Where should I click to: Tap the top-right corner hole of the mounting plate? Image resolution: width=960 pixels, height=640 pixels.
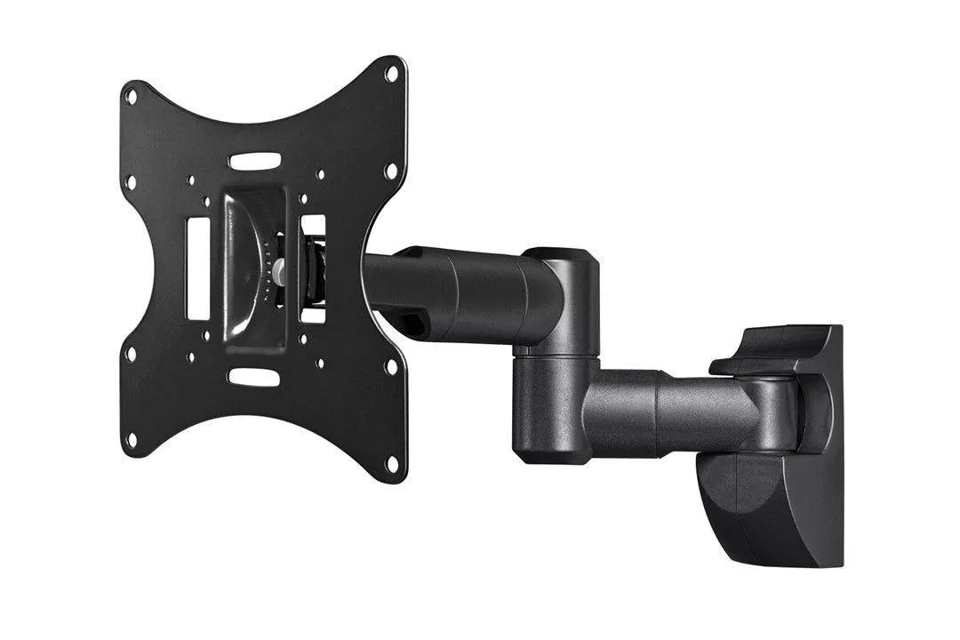tap(391, 75)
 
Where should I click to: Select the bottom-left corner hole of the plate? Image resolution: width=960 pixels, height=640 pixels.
tap(131, 438)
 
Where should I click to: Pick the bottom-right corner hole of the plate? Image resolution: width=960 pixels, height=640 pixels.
tap(391, 463)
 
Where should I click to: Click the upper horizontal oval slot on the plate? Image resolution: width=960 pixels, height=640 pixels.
tap(254, 162)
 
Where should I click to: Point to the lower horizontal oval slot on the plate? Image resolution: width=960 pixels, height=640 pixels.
tap(254, 377)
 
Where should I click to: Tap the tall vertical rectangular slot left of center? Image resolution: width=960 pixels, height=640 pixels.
tap(196, 268)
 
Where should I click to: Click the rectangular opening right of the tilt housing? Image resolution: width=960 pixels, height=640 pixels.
tap(313, 267)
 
